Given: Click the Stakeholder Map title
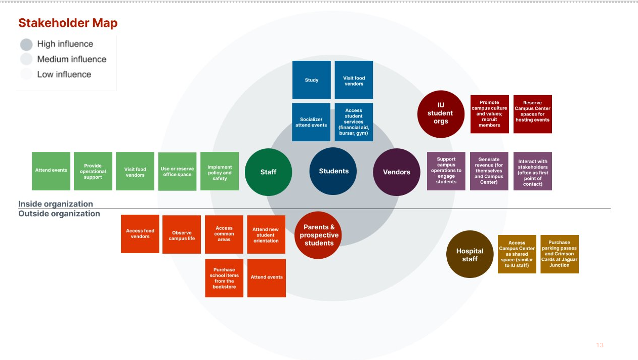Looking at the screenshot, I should [x=68, y=23].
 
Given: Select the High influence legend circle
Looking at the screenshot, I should [x=26, y=44].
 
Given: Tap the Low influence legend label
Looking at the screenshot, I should [x=64, y=74].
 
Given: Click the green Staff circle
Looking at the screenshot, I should [x=268, y=172].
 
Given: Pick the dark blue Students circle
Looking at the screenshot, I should [x=333, y=171].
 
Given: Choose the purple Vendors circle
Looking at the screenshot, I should [x=397, y=172].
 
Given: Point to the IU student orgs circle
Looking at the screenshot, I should [x=441, y=113].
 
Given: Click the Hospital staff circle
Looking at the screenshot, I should [x=470, y=255].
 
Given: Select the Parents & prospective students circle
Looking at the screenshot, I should [x=319, y=235].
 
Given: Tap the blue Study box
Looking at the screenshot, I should [x=312, y=80].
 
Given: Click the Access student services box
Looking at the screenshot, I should [x=354, y=122].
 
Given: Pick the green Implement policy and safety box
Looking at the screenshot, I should [x=220, y=172].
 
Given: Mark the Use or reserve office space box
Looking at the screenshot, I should [x=177, y=172].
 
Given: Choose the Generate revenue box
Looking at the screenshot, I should [x=489, y=171].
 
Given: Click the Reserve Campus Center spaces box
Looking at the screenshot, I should [x=532, y=114].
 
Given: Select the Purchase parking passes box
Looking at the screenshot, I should [x=559, y=254].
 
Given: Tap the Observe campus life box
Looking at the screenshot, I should [x=182, y=235].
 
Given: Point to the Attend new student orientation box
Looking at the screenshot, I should [x=266, y=234].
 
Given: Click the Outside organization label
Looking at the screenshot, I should [x=59, y=214].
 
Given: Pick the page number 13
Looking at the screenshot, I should [x=600, y=345].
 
